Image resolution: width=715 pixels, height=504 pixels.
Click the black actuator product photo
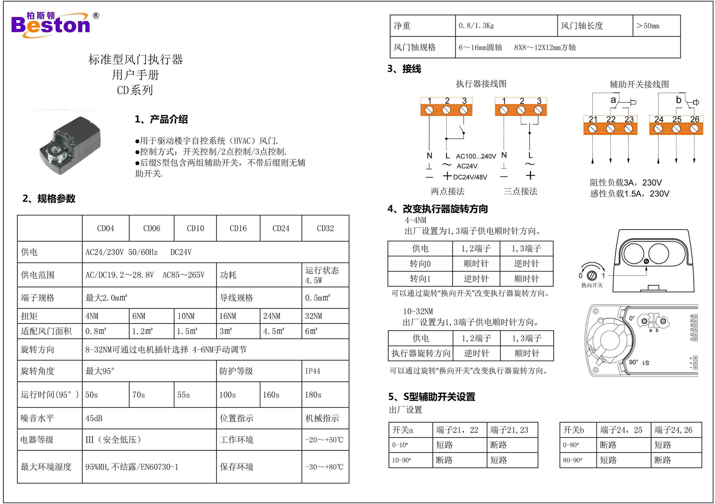tap(70, 145)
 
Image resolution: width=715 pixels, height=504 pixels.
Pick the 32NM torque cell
tap(314, 316)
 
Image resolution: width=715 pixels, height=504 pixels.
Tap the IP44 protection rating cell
tap(313, 371)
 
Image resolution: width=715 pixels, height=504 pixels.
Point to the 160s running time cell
tap(271, 395)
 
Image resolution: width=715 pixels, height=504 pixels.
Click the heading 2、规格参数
tap(49, 198)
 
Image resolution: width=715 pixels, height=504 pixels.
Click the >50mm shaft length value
tap(648, 26)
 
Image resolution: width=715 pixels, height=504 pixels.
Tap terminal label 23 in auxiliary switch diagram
tap(629, 119)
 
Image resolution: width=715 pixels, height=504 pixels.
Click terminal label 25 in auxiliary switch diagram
tap(676, 119)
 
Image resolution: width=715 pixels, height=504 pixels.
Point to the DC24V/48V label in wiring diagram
tap(470, 177)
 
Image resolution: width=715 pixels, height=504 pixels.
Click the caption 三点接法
tap(520, 191)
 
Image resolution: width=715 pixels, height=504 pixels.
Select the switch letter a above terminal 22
tap(613, 100)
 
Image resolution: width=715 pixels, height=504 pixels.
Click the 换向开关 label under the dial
tap(592, 285)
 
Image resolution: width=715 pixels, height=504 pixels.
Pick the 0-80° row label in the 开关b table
tap(571, 445)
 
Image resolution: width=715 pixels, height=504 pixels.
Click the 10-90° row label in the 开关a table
tap(401, 460)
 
